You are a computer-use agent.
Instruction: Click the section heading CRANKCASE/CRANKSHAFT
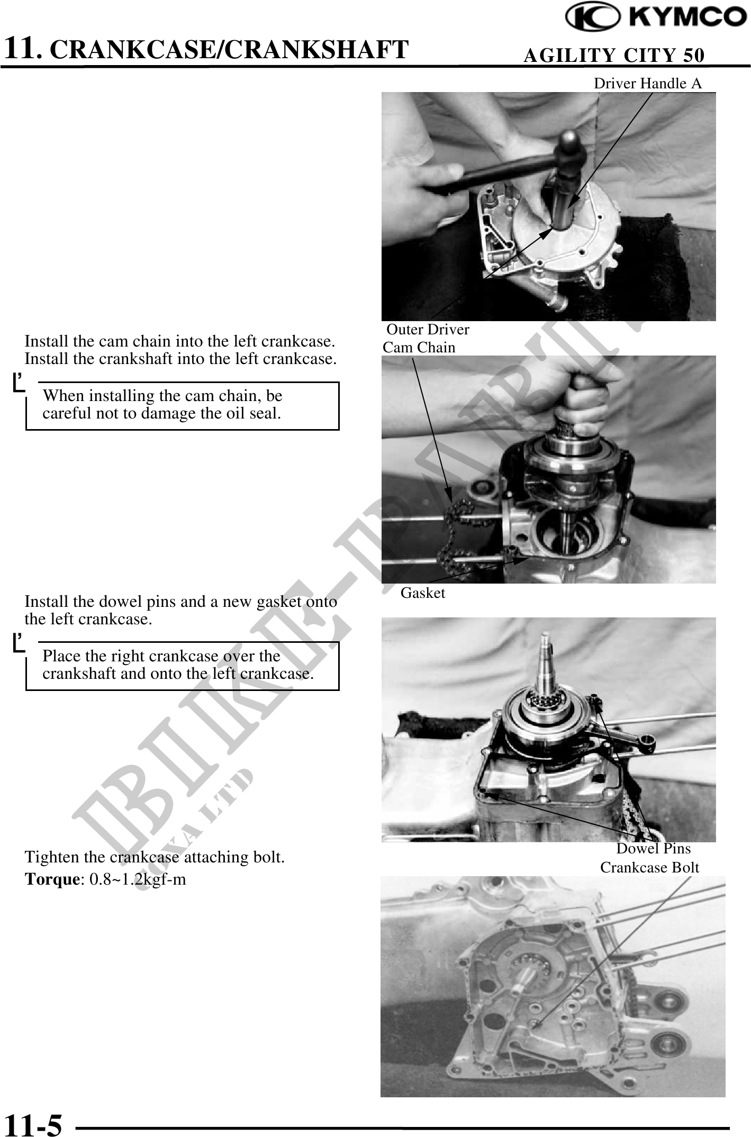tap(232, 49)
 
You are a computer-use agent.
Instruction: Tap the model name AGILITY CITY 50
tap(614, 55)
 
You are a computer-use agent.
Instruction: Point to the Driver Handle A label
tap(648, 83)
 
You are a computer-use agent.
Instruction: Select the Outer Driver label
tap(428, 330)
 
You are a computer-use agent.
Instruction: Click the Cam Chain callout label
tap(419, 348)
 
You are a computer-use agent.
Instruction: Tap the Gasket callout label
tap(423, 593)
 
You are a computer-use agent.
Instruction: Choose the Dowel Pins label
tap(654, 849)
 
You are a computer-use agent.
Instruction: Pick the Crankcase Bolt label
tap(649, 868)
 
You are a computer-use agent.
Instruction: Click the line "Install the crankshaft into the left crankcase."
tap(180, 358)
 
